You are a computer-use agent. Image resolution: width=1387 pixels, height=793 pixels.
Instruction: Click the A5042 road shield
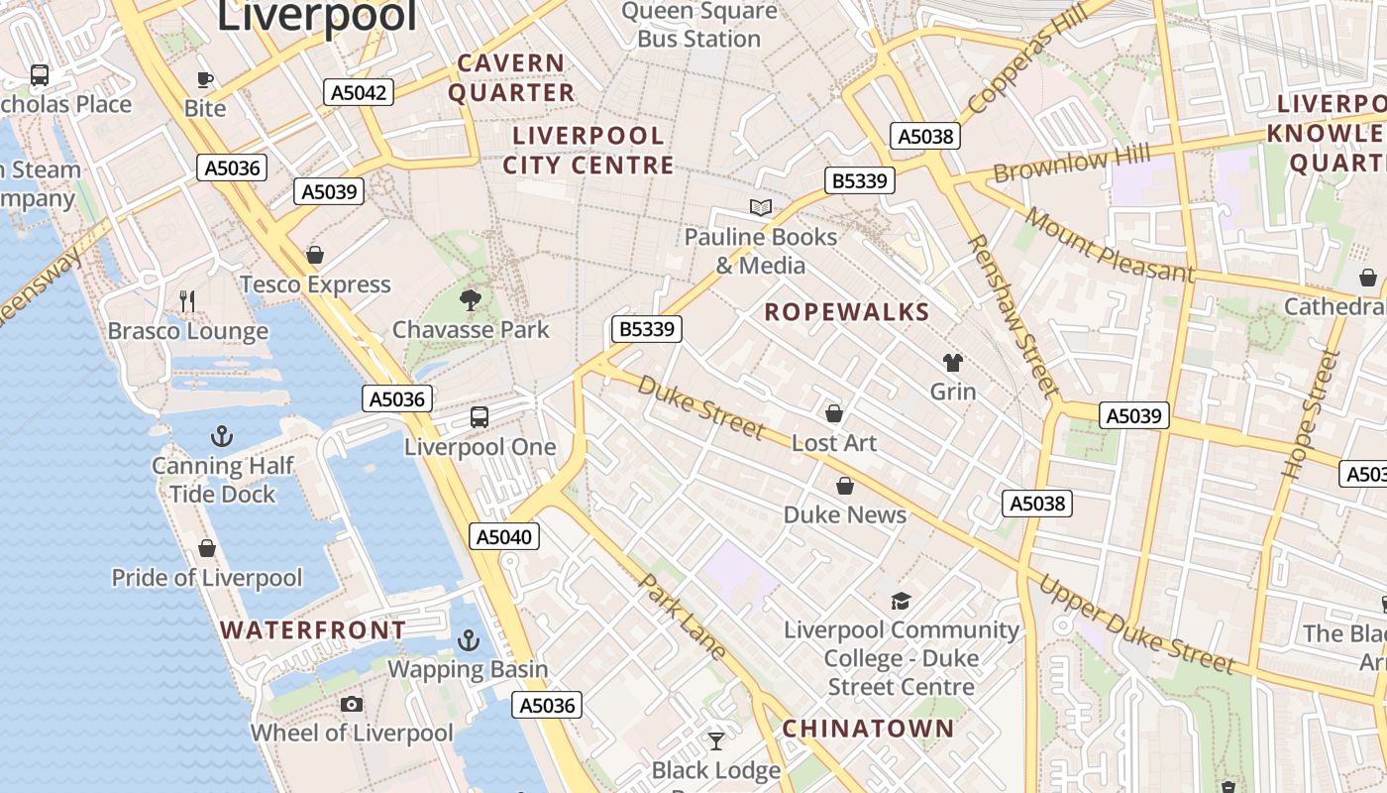point(359,92)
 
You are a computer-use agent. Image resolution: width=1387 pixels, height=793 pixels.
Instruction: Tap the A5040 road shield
point(504,537)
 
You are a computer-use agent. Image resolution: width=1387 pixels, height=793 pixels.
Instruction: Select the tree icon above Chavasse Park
point(471,299)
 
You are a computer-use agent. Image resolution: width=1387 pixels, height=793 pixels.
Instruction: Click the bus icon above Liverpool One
point(480,416)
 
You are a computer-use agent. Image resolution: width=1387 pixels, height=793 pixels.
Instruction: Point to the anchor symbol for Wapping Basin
point(469,640)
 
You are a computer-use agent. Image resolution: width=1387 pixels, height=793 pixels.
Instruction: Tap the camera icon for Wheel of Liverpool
point(351,705)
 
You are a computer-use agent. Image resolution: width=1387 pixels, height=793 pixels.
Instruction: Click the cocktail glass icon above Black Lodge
point(716,740)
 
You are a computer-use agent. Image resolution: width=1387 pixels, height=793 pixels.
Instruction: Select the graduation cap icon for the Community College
point(901,601)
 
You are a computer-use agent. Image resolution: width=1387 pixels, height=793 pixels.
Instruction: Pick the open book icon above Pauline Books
point(760,207)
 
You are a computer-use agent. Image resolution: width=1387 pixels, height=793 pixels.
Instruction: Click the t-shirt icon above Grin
point(953,362)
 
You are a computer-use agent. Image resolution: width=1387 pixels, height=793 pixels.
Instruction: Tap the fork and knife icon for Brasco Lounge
point(187,300)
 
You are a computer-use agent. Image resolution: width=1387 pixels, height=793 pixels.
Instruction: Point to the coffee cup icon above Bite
point(205,79)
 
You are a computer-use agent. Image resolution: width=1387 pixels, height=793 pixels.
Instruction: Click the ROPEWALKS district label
point(847,312)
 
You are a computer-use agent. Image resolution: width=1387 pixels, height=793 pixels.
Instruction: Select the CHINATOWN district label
point(868,729)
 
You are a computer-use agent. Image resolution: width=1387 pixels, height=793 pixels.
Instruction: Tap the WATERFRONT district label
point(313,629)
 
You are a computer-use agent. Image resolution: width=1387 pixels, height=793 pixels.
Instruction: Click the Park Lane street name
point(685,617)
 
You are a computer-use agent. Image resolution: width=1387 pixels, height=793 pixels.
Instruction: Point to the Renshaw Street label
point(1013,316)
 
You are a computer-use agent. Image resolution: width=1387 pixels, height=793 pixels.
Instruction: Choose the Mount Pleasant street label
point(1110,245)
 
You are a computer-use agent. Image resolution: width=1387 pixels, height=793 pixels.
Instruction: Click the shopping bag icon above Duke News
point(845,486)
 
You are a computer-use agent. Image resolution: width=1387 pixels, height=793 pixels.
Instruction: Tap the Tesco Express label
point(315,284)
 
